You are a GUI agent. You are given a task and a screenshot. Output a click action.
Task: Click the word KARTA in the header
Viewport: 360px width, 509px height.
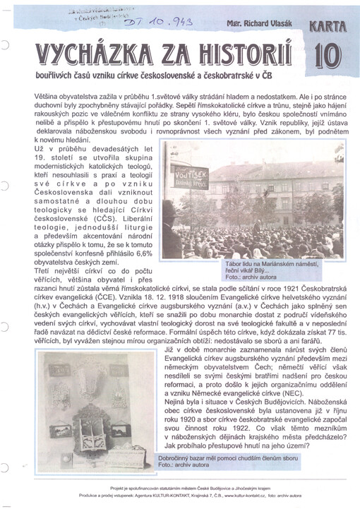pos(326,27)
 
